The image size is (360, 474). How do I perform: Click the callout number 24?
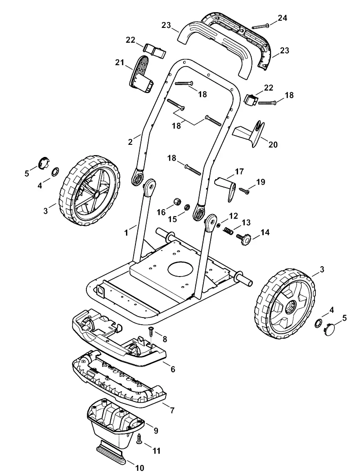282,18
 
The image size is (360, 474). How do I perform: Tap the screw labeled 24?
261,26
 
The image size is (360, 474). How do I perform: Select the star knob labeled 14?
244,239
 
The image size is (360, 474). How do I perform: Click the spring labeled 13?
229,231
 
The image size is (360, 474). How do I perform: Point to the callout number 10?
139,468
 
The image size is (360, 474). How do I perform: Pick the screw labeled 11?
139,438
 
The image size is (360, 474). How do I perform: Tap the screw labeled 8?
150,333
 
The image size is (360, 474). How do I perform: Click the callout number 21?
120,63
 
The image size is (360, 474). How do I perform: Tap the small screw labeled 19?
243,190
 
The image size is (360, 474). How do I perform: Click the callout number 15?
172,219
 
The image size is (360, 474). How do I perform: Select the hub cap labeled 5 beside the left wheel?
43,162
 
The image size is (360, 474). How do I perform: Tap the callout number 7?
172,411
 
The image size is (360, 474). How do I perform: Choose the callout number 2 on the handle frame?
130,142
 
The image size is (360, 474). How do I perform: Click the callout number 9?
156,430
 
